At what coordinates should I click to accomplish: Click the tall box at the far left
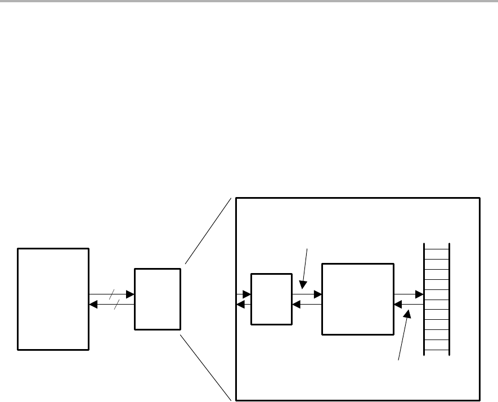[53, 298]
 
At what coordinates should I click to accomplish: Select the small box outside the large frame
[158, 298]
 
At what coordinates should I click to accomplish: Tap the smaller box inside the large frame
[271, 299]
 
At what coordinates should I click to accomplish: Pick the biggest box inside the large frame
[357, 299]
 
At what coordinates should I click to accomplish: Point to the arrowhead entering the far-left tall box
[93, 305]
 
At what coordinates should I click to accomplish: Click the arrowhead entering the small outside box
[130, 294]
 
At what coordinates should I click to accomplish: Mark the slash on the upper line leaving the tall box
[112, 294]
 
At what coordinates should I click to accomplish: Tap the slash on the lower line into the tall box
[117, 305]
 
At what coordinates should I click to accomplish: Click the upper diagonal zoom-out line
[208, 231]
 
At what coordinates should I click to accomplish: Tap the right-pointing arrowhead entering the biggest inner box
[317, 294]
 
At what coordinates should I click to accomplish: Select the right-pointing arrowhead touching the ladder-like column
[419, 294]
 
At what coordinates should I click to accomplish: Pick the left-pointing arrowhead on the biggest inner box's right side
[398, 305]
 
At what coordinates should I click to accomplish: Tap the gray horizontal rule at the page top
[249, 1]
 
